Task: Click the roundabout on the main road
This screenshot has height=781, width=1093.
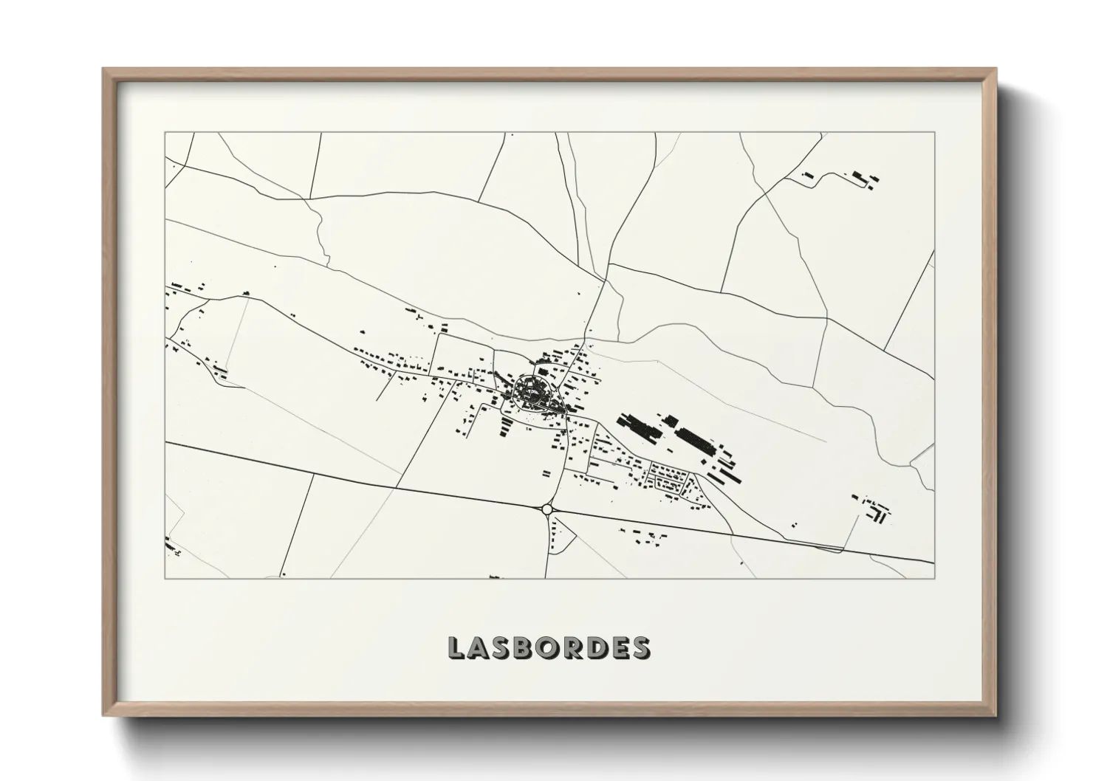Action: point(546,509)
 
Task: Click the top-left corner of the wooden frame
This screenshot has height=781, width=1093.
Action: point(103,69)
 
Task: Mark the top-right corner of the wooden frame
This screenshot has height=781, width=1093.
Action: point(996,69)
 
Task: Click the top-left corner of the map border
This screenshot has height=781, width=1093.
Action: point(165,133)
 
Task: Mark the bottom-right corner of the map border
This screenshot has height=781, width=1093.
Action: point(934,578)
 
